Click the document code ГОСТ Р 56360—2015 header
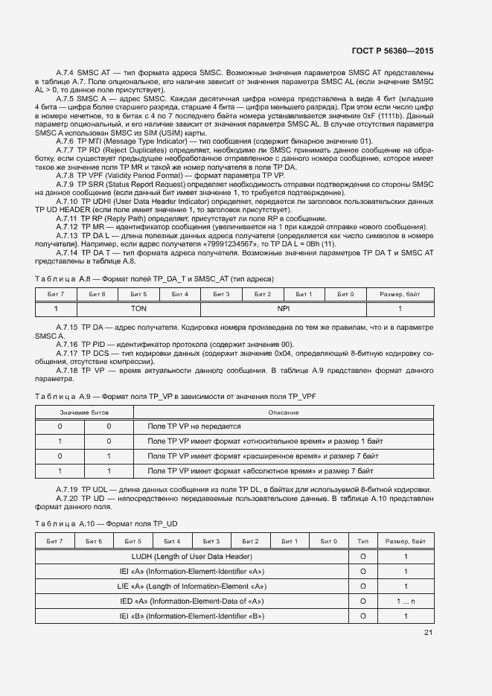392,51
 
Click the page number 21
428,633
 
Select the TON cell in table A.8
138,307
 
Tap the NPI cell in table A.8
284,307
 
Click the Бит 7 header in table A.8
56,294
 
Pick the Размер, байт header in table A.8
400,294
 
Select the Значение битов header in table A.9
84,412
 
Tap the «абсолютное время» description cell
260,471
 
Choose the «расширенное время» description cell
263,456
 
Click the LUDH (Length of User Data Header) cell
191,556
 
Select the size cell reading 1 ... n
406,601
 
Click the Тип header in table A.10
362,541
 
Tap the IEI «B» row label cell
191,616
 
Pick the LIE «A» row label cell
191,586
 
